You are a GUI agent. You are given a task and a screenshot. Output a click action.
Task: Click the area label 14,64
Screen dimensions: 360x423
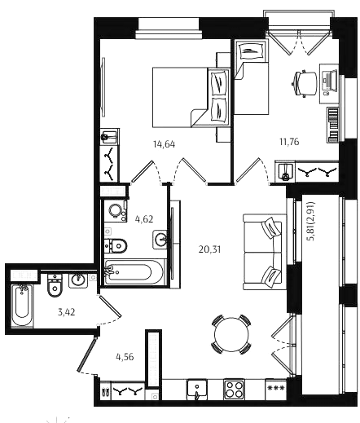(164, 144)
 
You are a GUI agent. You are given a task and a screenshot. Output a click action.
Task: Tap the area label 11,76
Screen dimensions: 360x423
(289, 142)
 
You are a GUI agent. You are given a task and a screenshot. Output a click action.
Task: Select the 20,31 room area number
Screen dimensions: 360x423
(209, 249)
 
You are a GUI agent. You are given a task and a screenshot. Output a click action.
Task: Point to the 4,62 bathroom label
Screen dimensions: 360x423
(144, 219)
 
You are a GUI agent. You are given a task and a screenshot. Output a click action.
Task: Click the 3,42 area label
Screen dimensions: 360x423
(66, 312)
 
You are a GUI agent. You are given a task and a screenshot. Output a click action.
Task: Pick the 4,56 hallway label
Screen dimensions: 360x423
(125, 357)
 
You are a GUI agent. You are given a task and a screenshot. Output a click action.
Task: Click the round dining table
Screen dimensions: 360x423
(231, 334)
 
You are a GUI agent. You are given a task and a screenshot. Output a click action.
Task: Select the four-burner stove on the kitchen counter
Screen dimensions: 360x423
(234, 390)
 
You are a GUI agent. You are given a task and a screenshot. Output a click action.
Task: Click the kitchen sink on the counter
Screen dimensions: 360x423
(197, 390)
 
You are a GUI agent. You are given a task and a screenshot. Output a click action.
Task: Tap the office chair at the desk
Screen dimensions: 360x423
(305, 83)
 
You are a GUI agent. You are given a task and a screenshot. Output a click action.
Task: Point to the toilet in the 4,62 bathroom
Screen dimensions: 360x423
(116, 246)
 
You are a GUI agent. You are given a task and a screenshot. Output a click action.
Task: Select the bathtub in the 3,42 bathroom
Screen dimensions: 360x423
(22, 305)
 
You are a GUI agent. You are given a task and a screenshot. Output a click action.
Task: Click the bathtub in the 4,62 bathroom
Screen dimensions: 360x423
(134, 271)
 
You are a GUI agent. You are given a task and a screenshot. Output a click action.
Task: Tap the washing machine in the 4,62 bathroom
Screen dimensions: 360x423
(116, 211)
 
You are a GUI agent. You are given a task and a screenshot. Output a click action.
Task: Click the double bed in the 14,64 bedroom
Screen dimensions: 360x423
(191, 97)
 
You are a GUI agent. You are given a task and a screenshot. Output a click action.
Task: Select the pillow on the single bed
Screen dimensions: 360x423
(250, 51)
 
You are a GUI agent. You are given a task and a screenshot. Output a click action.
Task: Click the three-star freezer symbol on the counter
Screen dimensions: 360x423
(275, 388)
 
